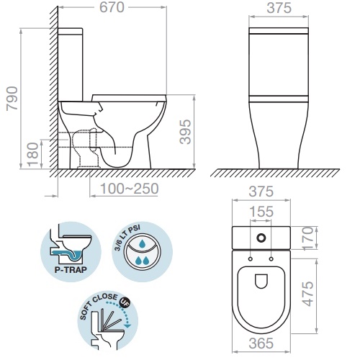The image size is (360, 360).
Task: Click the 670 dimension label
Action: (112, 7)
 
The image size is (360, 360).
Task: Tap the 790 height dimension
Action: (12, 99)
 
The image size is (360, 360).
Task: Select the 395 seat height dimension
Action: (185, 132)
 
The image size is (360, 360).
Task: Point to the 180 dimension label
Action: (32, 154)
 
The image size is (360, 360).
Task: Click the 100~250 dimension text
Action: (130, 189)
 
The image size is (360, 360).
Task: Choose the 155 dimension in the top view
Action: (261, 212)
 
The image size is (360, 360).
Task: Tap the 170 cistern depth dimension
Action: (308, 238)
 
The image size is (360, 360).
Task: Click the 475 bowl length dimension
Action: (308, 294)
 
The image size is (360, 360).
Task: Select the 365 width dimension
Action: (261, 343)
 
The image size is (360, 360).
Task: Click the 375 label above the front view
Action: (279, 8)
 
